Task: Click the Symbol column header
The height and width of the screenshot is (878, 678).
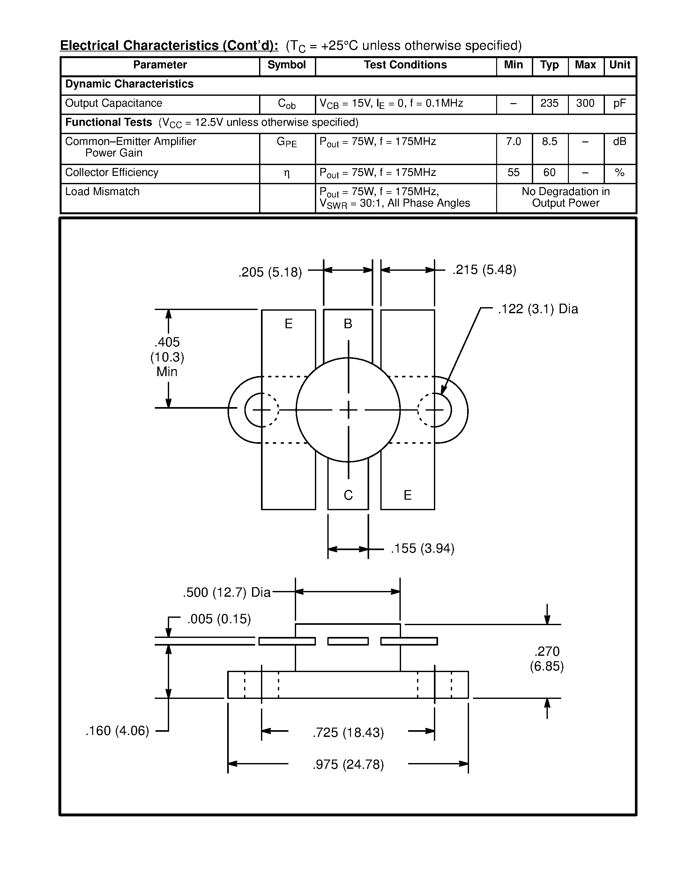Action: coord(287,65)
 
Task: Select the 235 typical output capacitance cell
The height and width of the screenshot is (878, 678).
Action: coord(549,103)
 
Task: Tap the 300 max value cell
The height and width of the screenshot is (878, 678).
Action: coord(585,103)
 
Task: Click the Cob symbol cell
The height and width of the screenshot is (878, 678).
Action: coord(287,104)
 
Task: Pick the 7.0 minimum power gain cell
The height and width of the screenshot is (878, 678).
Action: coord(513,141)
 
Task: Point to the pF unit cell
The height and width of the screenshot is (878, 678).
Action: coord(619,103)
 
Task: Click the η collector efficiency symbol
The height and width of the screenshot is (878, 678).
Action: coord(287,173)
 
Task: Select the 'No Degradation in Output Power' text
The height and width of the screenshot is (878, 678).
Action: coord(566,197)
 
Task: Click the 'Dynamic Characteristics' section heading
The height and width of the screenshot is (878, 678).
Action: coord(129,84)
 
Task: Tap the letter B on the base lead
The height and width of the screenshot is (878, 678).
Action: coord(348,324)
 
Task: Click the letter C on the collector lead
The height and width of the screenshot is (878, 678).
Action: coord(348,495)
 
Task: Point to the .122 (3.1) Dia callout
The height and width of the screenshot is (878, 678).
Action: coord(538,309)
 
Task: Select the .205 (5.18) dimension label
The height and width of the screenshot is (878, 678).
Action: coord(270,272)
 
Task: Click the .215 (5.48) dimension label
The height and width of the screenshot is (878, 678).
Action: coord(484,269)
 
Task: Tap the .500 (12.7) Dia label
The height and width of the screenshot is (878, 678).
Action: coord(227,592)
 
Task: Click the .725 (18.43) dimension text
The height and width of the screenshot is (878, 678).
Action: coord(348,732)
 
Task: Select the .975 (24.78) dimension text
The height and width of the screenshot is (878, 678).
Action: coord(348,764)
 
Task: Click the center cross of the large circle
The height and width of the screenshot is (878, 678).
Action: coord(348,410)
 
